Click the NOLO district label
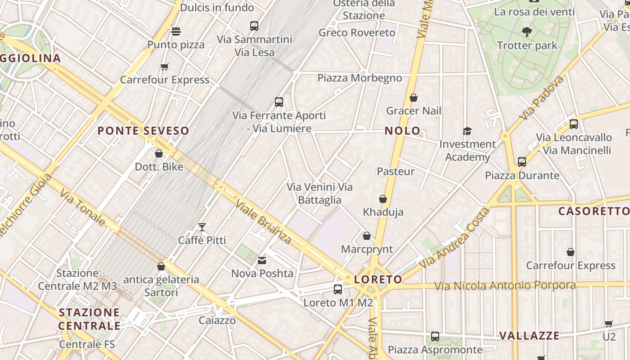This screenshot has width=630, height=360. click(402, 131)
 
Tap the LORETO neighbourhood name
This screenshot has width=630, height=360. click(378, 279)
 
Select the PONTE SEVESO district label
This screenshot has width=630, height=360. click(144, 131)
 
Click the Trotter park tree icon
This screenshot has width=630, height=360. click(527, 32)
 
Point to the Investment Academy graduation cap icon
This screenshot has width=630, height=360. click(467, 131)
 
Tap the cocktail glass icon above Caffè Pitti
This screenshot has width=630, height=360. click(202, 227)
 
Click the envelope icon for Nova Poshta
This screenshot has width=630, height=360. click(262, 261)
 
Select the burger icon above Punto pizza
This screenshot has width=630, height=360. click(176, 31)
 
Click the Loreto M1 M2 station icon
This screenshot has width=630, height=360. click(338, 289)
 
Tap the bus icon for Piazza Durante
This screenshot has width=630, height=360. click(522, 162)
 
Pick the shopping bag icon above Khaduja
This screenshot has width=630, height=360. click(383, 199)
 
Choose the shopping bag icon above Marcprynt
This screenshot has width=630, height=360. click(367, 236)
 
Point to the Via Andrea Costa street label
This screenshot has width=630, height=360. click(454, 238)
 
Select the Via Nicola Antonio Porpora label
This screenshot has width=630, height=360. click(505, 286)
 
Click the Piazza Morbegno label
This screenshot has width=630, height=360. click(360, 78)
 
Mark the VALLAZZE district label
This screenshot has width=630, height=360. click(530, 336)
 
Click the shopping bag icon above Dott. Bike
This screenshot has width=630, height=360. click(159, 154)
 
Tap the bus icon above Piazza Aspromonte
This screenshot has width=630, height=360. click(435, 337)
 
